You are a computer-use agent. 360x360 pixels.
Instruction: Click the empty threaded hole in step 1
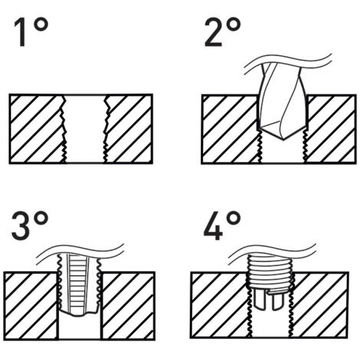[83, 128]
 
